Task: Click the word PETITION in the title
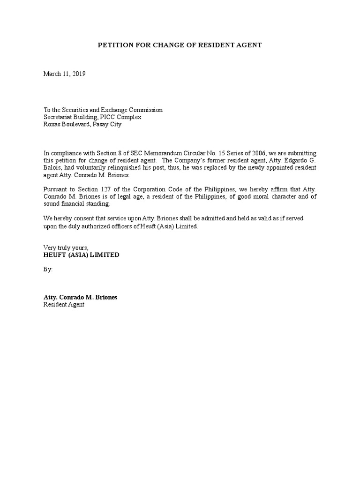pos(114,45)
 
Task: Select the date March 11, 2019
pos(65,74)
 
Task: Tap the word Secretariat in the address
pos(60,117)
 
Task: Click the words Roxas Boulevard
pos(65,124)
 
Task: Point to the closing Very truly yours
pos(66,247)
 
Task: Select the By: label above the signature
pos(48,270)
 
